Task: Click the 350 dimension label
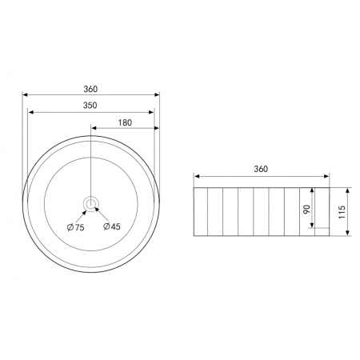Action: (x=90, y=106)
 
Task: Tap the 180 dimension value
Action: (x=125, y=122)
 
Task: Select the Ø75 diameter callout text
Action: (x=76, y=227)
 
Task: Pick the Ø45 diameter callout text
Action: (x=112, y=226)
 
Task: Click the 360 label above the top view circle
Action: (x=90, y=89)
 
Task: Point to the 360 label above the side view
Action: (x=261, y=169)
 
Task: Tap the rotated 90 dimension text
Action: (x=306, y=209)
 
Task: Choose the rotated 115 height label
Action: (x=342, y=212)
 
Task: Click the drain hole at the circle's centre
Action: (x=91, y=203)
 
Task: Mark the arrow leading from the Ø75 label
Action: (x=82, y=215)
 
